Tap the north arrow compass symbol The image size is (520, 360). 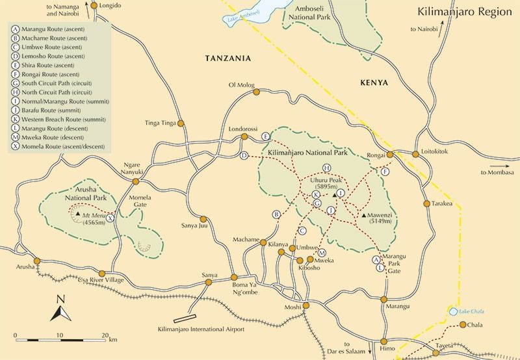[x=60, y=308]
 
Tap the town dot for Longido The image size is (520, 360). [x=94, y=6]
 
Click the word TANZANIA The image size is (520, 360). [x=227, y=58]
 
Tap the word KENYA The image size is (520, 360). [x=372, y=83]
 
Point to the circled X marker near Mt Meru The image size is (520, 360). [x=110, y=218]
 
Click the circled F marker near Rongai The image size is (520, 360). [x=385, y=172]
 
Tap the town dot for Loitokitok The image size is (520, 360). [x=415, y=154]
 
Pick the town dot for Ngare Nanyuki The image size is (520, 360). [x=136, y=181]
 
